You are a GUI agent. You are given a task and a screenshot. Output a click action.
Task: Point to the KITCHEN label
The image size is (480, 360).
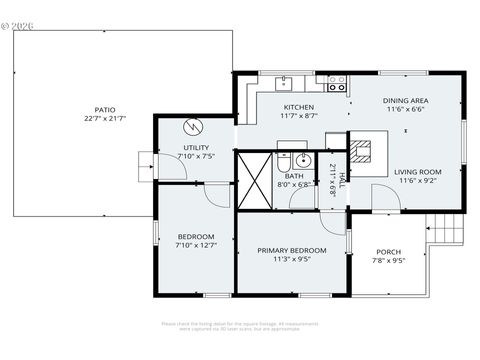pyautogui.click(x=298, y=107)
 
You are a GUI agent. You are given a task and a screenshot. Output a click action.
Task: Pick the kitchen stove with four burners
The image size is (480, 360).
pyautogui.click(x=337, y=82)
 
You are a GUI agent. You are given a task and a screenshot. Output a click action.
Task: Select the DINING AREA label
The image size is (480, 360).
pyautogui.click(x=407, y=100)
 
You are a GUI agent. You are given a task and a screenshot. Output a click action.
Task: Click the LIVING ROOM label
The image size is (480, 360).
pyautogui.click(x=417, y=171)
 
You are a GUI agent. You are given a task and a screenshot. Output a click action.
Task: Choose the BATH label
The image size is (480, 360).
pyautogui.click(x=294, y=175)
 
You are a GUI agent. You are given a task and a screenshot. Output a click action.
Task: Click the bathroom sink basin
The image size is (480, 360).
pyautogui.click(x=301, y=158)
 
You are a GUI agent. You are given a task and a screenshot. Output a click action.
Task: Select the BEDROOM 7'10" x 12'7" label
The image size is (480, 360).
pyautogui.click(x=196, y=240)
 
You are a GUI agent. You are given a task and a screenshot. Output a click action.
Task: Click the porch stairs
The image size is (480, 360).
pyautogui.click(x=451, y=231)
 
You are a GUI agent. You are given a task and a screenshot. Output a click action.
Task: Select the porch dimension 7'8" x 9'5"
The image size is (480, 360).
pyautogui.click(x=389, y=261)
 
